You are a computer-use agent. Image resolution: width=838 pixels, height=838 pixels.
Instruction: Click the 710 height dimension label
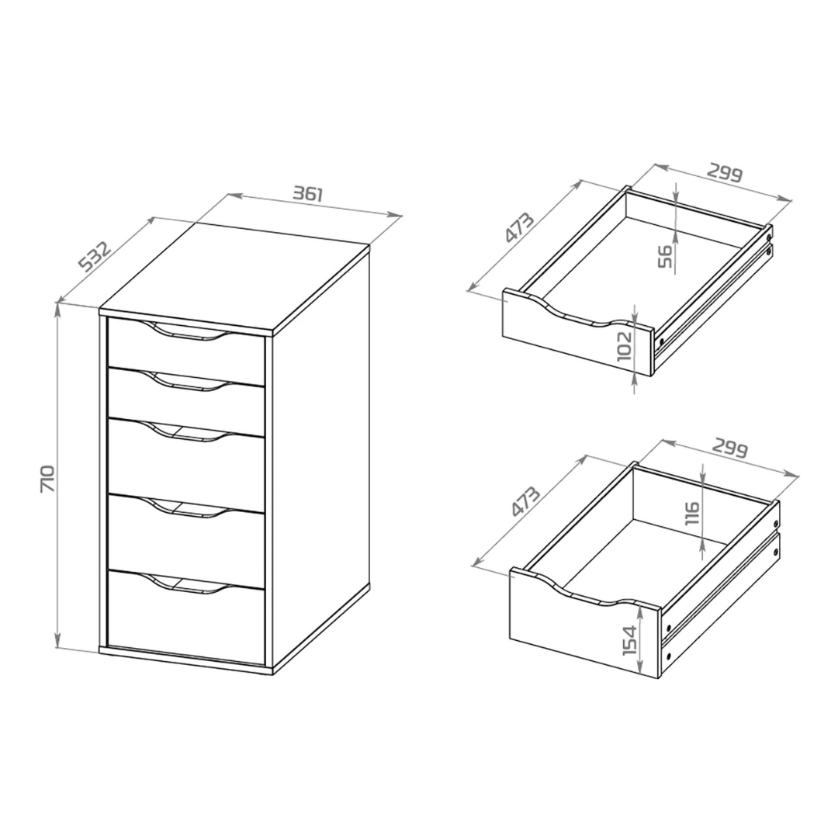tap(47, 478)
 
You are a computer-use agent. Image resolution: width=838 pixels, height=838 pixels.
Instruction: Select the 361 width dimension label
tap(308, 193)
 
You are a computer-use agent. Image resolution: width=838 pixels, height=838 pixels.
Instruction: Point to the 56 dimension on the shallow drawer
tap(665, 257)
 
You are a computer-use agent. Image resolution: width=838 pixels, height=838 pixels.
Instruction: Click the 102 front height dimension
tap(624, 346)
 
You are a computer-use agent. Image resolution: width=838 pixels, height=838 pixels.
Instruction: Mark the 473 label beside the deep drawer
tap(525, 501)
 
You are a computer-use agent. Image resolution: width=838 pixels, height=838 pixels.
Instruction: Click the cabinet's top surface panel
tap(234, 277)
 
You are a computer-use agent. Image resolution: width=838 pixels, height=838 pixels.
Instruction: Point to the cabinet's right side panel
tap(321, 459)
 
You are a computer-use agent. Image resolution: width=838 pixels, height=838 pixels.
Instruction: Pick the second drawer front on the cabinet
tap(186, 403)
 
